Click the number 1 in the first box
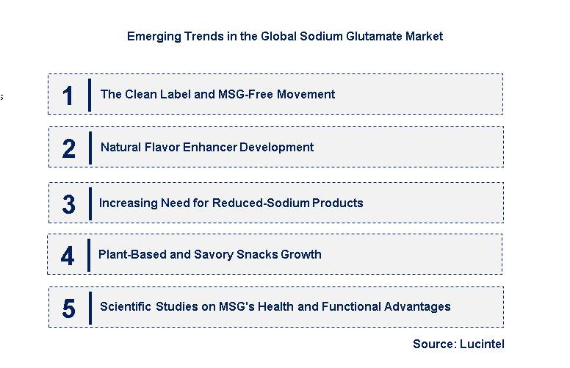[x=68, y=95]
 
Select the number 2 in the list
[x=69, y=148]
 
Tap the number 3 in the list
[x=69, y=204]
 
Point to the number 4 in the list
[x=68, y=256]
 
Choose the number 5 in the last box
[x=68, y=309]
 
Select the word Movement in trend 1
[x=308, y=94]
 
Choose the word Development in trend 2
[x=278, y=147]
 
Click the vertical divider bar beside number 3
[x=90, y=203]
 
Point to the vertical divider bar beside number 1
[x=90, y=95]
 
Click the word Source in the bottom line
[x=433, y=344]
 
